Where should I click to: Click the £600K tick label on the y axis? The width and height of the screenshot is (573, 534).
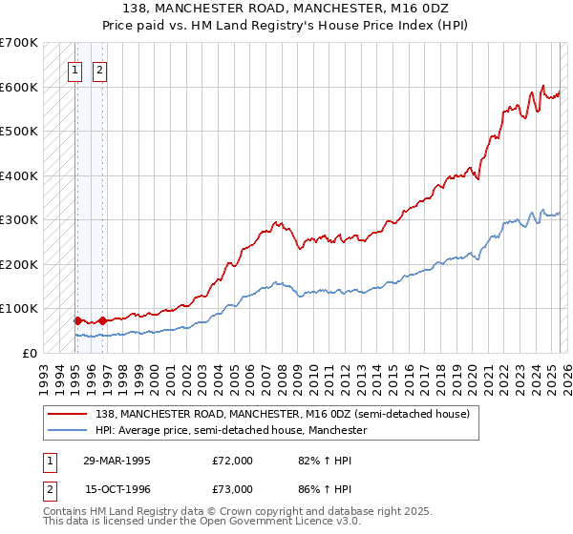tap(19, 87)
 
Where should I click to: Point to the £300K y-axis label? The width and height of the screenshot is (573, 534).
tap(19, 219)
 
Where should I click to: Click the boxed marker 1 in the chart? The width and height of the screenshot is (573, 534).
tap(75, 69)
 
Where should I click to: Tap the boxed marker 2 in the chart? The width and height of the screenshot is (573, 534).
tap(99, 69)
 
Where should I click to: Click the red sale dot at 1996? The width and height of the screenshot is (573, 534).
tap(102, 320)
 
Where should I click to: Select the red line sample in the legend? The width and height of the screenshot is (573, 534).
tap(68, 415)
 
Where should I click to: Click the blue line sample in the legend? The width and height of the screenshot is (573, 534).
tap(68, 431)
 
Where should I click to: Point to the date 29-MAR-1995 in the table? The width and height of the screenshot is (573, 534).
tap(117, 461)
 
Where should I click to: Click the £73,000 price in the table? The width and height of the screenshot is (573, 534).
tap(232, 488)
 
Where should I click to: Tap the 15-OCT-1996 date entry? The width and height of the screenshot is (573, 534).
tap(117, 488)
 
